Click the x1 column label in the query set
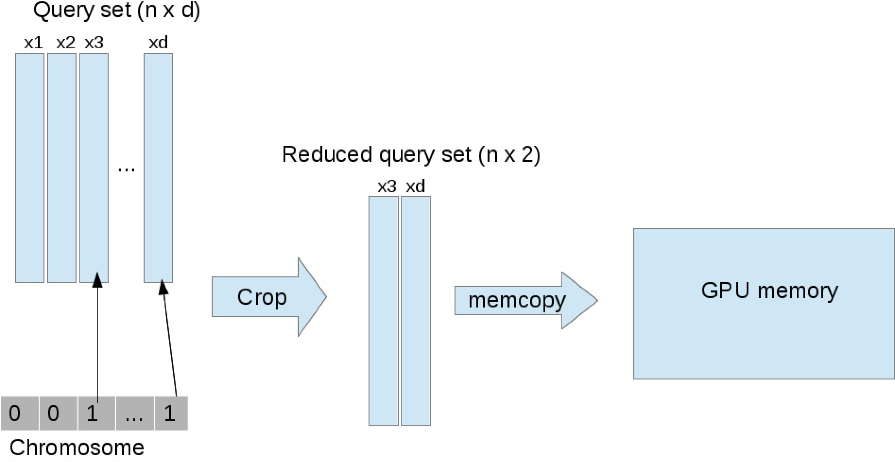(x=33, y=43)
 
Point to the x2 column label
(x=65, y=43)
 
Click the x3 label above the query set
(x=94, y=43)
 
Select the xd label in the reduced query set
(x=415, y=186)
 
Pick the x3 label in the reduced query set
(x=387, y=186)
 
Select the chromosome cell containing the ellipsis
(x=134, y=413)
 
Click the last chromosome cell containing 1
(x=171, y=413)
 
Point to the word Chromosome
(x=77, y=447)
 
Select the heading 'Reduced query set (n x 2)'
(x=411, y=154)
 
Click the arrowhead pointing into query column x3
(x=98, y=280)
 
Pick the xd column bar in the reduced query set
(x=416, y=310)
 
